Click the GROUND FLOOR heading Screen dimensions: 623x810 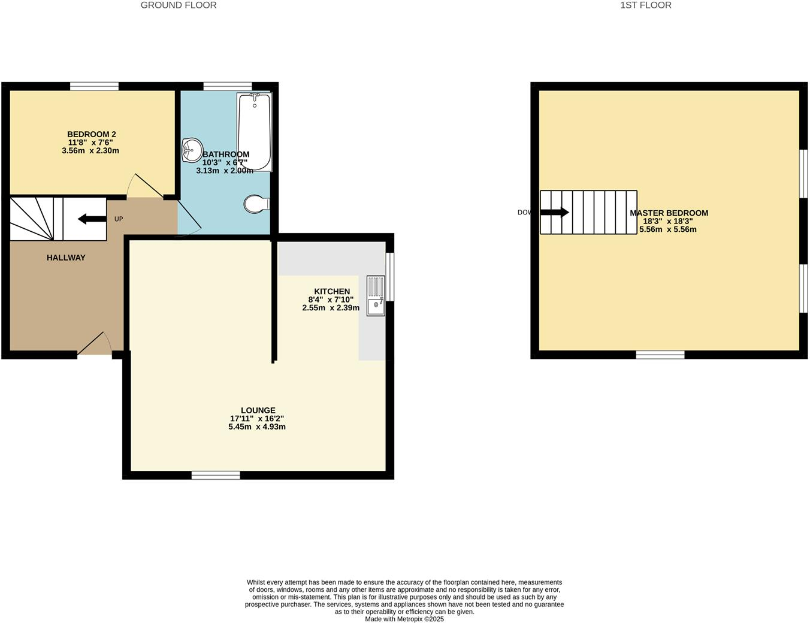point(179,5)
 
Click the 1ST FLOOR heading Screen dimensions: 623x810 point(645,5)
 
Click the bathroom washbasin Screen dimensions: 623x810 point(192,149)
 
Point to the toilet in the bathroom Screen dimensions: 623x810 point(256,204)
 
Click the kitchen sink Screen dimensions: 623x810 point(376,295)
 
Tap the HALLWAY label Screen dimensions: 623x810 point(66,258)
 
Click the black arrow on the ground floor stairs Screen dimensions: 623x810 point(90,219)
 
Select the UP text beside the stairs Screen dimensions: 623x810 point(119,219)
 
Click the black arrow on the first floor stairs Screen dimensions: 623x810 point(554,212)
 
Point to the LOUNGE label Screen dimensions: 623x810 point(258,410)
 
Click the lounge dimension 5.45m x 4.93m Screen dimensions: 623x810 point(256,427)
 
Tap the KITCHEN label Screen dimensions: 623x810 point(332,291)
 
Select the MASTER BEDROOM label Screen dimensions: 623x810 point(669,213)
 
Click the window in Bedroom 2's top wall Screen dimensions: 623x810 point(94,86)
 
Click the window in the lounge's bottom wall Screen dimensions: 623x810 point(216,475)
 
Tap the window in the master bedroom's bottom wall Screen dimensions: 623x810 point(660,355)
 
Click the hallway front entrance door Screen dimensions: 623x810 point(95,346)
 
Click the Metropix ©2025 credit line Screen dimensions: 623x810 point(404,619)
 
